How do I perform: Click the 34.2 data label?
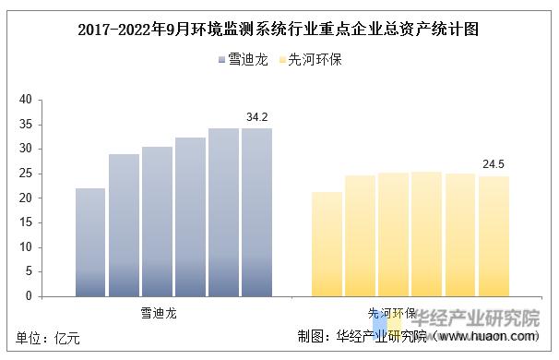tap(257, 117)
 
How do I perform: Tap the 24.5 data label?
tap(494, 165)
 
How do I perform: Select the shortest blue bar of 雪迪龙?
tap(90, 242)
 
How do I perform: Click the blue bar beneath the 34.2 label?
tap(256, 212)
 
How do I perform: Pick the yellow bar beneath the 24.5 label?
tap(494, 236)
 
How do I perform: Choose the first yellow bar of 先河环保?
tap(327, 244)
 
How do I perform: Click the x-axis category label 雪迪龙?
tap(158, 313)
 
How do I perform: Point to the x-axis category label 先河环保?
tap(395, 313)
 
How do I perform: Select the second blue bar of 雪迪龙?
tap(124, 225)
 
